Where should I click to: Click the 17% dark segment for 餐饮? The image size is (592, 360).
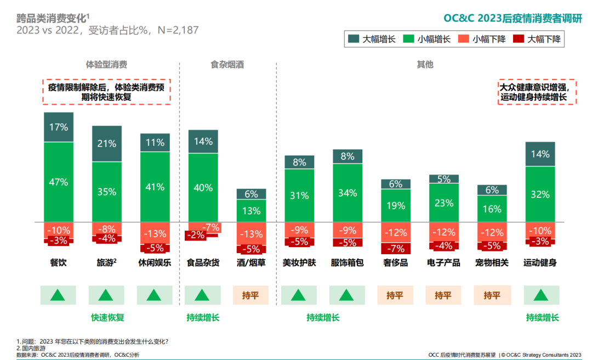pyautogui.click(x=59, y=127)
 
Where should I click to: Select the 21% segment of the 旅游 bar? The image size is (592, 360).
pyautogui.click(x=107, y=144)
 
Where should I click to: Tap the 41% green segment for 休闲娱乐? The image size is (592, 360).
pyautogui.click(x=155, y=186)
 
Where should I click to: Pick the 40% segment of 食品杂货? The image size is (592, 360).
pyautogui.click(x=203, y=187)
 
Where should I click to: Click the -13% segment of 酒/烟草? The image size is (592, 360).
pyautogui.click(x=251, y=234)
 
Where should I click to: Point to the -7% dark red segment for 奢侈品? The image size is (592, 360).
pyautogui.click(x=395, y=248)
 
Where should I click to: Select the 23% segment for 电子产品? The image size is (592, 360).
pyautogui.click(x=443, y=202)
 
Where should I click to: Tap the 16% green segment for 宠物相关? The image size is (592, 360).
pyautogui.click(x=492, y=209)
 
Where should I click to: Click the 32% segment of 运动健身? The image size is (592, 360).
pyautogui.click(x=540, y=194)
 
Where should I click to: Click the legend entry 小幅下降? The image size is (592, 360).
pyautogui.click(x=482, y=39)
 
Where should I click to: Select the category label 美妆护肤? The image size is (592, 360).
pyautogui.click(x=299, y=262)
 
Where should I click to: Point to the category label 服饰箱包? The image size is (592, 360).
pyautogui.click(x=347, y=262)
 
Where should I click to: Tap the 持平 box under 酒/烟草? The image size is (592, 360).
pyautogui.click(x=251, y=295)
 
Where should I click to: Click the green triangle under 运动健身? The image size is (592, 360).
pyautogui.click(x=540, y=295)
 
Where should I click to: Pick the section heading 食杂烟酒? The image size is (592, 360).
pyautogui.click(x=227, y=64)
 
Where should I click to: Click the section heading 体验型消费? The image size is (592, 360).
pyautogui.click(x=107, y=64)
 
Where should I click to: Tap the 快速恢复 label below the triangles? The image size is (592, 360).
pyautogui.click(x=107, y=317)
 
